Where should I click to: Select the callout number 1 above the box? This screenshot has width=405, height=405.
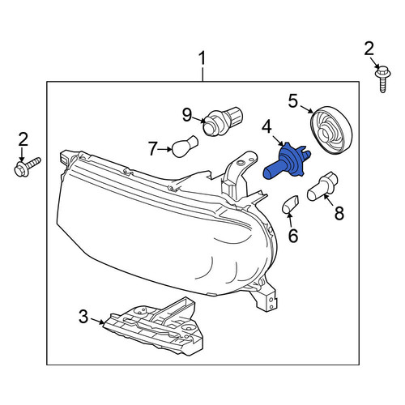click(202, 58)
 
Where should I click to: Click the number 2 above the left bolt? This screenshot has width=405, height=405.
click(23, 140)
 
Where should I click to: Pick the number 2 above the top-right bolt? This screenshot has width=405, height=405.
click(369, 49)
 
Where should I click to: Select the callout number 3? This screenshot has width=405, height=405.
click(83, 317)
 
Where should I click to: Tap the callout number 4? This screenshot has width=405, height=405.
click(266, 127)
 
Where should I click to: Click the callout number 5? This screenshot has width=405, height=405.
click(293, 100)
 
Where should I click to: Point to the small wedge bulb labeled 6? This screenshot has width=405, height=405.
click(290, 204)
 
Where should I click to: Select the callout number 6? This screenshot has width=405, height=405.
click(293, 236)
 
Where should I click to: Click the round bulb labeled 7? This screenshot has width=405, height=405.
click(185, 147)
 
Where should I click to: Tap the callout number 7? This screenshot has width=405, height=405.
click(152, 149)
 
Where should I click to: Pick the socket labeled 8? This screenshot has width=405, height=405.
click(322, 186)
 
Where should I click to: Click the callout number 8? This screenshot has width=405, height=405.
click(339, 213)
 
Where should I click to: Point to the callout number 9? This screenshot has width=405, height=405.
click(187, 115)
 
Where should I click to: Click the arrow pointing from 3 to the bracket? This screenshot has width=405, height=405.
click(97, 321)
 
